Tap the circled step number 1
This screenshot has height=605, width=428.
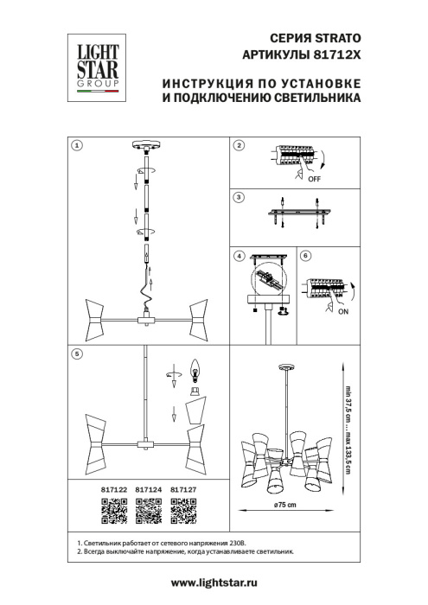click(76, 146)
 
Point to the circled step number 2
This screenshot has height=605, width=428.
click(240, 146)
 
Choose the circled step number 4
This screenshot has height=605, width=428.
click(240, 257)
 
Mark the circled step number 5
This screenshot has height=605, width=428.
click(76, 353)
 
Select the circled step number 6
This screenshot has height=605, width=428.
click(304, 257)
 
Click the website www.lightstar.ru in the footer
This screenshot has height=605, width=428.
click(214, 585)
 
